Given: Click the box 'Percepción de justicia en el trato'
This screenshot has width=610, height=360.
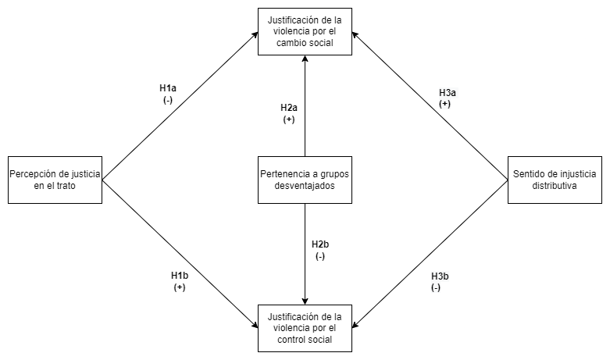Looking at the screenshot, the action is [55, 180].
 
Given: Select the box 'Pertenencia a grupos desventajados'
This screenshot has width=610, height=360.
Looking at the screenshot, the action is [305, 180].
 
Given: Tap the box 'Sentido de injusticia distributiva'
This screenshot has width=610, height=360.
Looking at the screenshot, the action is [555, 180].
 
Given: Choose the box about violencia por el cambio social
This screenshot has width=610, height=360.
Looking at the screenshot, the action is [305, 31].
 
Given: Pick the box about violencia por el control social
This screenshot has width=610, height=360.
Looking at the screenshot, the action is [305, 328].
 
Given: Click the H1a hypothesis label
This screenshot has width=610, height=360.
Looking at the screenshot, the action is [168, 88].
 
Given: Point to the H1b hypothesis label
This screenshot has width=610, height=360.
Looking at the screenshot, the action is [180, 276].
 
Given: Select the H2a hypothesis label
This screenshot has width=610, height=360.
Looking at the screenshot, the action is [289, 107].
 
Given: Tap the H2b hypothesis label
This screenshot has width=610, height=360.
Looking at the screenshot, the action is [320, 244].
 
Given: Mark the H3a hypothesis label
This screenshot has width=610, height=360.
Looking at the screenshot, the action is [448, 92].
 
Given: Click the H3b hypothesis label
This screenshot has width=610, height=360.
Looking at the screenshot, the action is [440, 276].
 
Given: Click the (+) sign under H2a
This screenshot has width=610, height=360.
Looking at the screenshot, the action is [289, 119].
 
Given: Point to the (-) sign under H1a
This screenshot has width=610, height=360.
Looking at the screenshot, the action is [168, 100].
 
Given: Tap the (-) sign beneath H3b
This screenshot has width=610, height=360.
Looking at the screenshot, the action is [436, 288].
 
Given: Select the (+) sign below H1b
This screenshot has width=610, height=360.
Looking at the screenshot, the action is [180, 287].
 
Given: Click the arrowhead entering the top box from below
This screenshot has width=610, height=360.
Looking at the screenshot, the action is [305, 59].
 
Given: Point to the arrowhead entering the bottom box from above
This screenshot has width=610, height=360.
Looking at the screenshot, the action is [305, 301].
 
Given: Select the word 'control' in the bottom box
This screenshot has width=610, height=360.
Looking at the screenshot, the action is [290, 340].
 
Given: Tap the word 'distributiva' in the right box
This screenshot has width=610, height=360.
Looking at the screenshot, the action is [555, 186].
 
